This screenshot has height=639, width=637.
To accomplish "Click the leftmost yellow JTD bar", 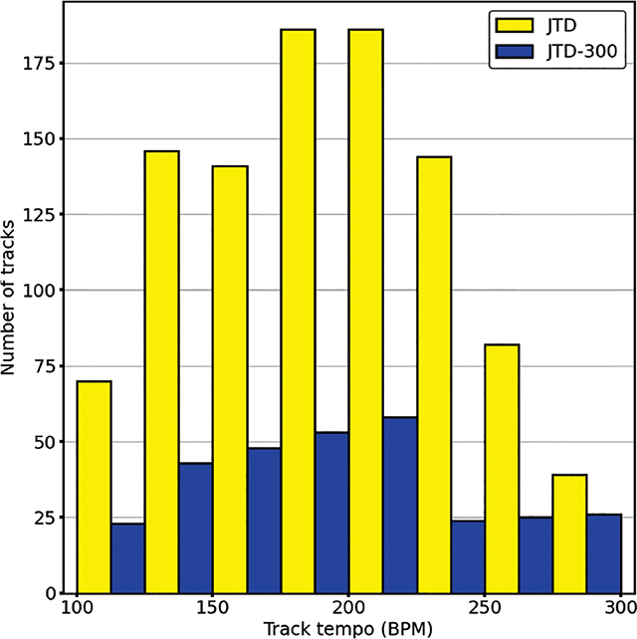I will pyautogui.click(x=94, y=487).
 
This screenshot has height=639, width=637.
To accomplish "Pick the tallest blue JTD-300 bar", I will pyautogui.click(x=399, y=505).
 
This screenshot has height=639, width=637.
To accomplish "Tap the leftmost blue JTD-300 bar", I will pyautogui.click(x=127, y=557).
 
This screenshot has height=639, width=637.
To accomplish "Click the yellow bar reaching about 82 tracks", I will pyautogui.click(x=502, y=468).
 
